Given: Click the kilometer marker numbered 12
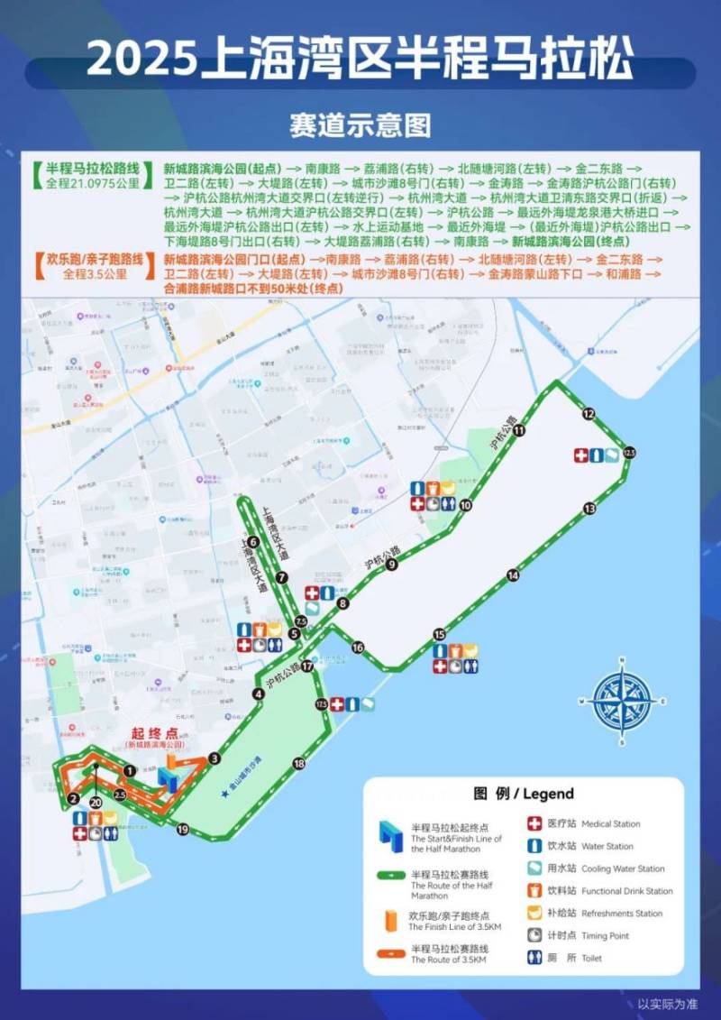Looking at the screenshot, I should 589,414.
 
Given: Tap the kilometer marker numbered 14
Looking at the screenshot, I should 513,574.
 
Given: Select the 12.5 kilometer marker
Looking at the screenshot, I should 628,452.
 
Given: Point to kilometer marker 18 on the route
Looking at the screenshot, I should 299,764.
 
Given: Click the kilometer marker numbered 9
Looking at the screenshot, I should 391,565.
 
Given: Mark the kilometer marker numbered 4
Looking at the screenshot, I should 259,694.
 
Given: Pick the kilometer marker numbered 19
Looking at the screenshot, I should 183,829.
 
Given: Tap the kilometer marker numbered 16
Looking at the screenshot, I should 358,648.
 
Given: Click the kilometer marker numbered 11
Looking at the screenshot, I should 520,431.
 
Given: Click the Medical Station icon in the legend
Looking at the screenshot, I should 534,823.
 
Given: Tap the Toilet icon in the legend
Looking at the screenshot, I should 534,958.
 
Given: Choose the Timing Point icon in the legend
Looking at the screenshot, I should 534,935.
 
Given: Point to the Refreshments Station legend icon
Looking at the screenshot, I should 534,913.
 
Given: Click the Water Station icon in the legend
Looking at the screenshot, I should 534,846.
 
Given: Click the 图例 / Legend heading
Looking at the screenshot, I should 523,794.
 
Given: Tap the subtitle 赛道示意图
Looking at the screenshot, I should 360,124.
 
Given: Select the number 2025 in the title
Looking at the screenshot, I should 141,60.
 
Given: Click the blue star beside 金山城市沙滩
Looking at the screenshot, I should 224,793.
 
